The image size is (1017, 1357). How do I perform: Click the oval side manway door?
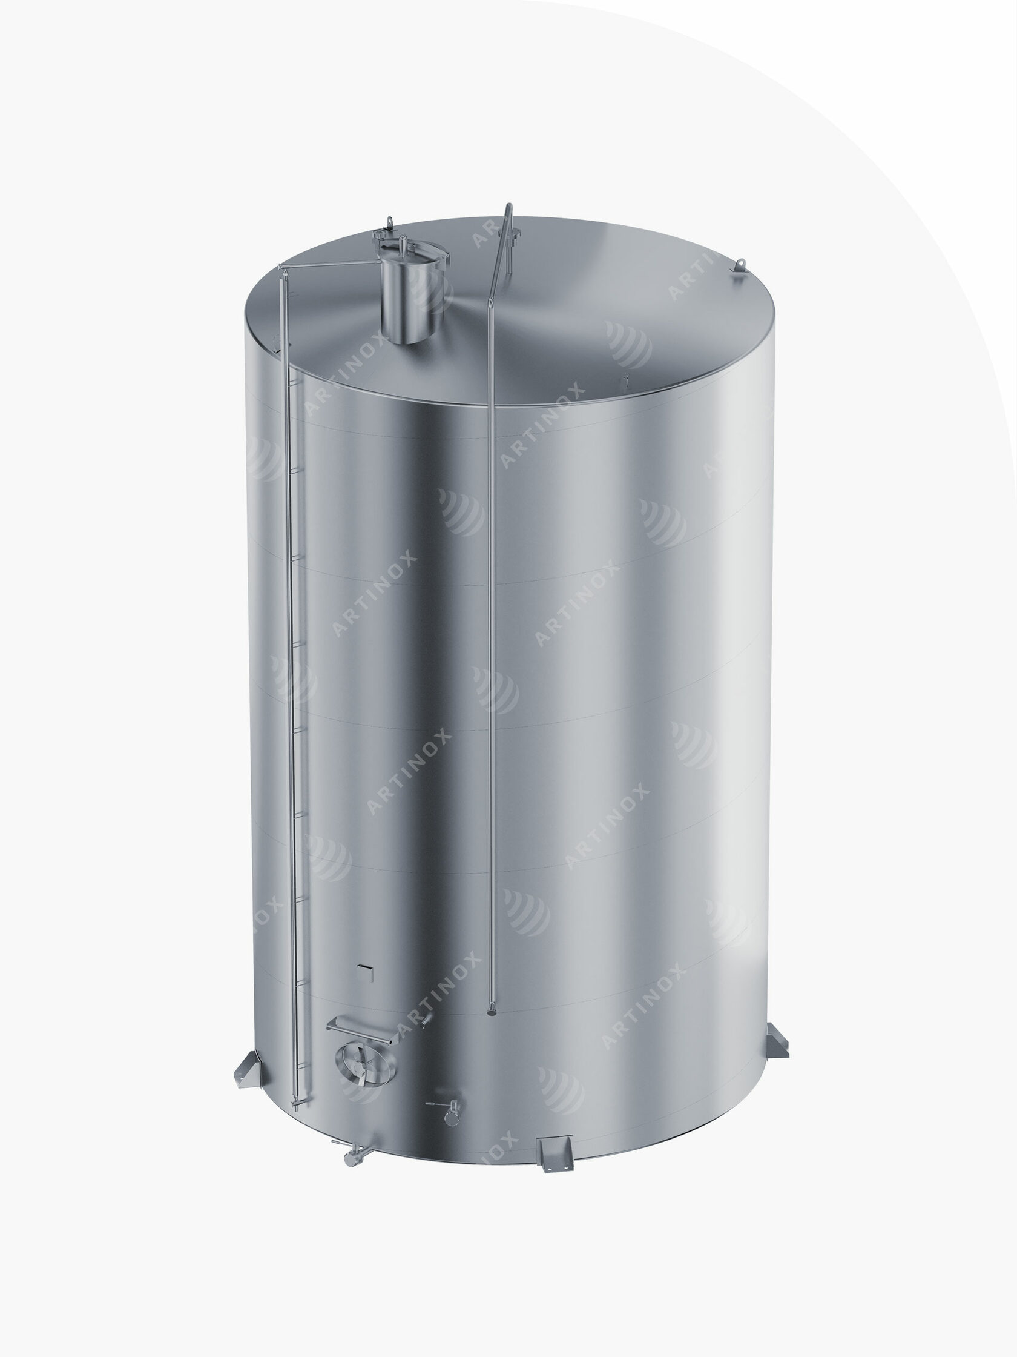point(366,1062)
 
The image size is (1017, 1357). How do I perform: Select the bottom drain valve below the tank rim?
point(351,1153)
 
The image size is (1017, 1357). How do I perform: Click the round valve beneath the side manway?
point(447,1110)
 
